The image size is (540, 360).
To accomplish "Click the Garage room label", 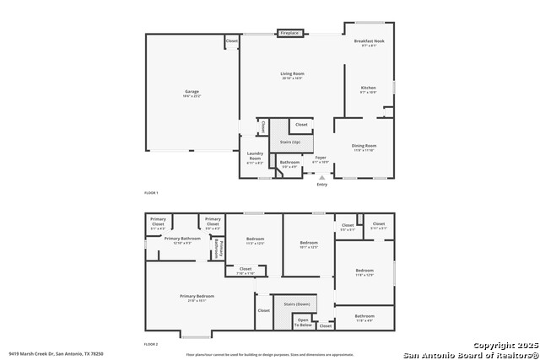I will (x=192, y=91).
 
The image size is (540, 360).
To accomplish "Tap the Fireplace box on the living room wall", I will (x=289, y=33).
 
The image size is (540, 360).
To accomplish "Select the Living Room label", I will (x=292, y=74).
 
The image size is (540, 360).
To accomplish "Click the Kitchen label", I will (x=369, y=88).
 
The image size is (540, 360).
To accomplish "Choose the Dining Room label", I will (x=364, y=146).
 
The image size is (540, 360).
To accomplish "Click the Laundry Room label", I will (x=255, y=155).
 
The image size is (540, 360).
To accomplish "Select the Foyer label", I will (x=321, y=158).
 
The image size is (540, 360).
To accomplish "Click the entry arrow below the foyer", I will (x=321, y=178).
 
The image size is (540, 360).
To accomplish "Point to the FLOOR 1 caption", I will (x=151, y=193).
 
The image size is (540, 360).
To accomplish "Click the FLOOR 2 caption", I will (x=151, y=344).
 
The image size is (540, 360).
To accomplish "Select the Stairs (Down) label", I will (x=296, y=303).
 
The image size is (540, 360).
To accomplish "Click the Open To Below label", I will (x=303, y=321).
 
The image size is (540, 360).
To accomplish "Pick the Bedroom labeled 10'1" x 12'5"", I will (x=309, y=244).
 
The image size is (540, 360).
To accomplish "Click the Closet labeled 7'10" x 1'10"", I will (x=245, y=270).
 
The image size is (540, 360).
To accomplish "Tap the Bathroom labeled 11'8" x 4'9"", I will (x=364, y=317).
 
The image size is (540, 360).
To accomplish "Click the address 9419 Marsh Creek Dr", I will (x=56, y=354).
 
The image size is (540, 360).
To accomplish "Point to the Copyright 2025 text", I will (x=505, y=346).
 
